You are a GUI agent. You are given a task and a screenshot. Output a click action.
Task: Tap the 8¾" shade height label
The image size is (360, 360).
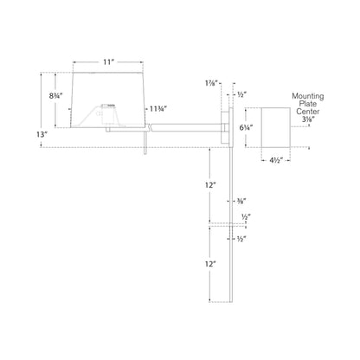[55, 96]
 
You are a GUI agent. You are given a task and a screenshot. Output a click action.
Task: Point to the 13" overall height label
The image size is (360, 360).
[42, 134]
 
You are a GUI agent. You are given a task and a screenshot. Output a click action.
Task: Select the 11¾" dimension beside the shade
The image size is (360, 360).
[158, 109]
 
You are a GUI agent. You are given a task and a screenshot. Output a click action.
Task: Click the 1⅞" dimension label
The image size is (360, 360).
[211, 83]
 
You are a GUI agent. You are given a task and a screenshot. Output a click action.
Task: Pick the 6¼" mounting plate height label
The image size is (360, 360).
[246, 127]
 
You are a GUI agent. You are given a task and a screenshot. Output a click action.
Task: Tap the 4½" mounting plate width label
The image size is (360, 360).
[276, 161]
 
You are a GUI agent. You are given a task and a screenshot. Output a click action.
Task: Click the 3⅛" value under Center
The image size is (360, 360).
[305, 119]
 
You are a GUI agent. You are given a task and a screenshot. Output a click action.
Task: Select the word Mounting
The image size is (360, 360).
[308, 96]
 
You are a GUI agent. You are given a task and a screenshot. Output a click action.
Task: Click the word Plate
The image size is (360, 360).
[308, 104]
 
